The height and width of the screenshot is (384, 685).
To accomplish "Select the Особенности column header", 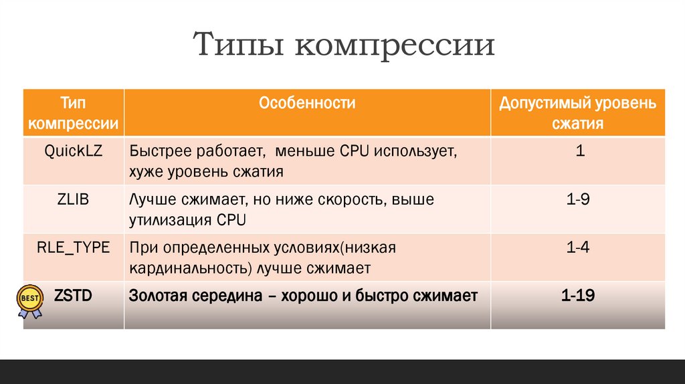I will [307, 103].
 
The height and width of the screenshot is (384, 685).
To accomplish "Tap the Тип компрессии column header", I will [74, 112].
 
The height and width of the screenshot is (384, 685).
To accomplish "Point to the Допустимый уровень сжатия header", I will [578, 113].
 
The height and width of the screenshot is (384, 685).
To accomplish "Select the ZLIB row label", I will [74, 199].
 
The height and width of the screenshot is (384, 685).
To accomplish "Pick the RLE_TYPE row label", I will [74, 248].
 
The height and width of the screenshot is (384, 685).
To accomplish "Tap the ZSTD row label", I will [74, 295].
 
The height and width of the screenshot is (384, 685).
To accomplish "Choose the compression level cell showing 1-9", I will [578, 199].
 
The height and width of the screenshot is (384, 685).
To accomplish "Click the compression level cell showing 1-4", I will [578, 248].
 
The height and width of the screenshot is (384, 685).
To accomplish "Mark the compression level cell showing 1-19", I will [578, 295].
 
